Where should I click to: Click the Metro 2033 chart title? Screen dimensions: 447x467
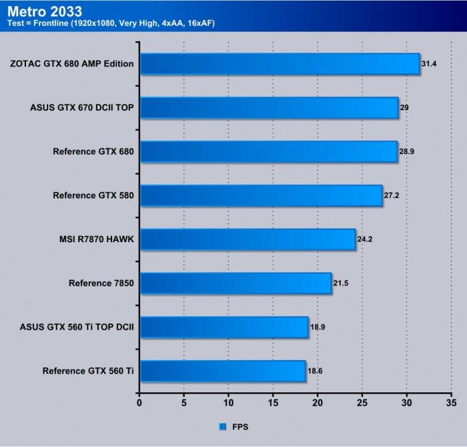(45, 11)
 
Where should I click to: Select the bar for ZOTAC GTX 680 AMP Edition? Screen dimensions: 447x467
(280, 65)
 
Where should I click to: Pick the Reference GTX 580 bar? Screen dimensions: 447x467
(261, 195)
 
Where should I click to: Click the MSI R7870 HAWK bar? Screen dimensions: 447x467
(248, 239)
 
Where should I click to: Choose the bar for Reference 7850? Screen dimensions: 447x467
(236, 283)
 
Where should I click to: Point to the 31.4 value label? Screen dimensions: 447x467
(429, 65)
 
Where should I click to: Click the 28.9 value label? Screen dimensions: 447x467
(407, 152)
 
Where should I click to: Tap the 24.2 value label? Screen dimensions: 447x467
(365, 239)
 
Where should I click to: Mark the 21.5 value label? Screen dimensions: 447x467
(341, 283)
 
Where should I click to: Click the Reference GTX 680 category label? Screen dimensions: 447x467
(93, 151)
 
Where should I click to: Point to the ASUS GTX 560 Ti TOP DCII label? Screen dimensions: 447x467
(77, 327)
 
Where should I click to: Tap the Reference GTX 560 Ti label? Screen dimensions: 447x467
(88, 371)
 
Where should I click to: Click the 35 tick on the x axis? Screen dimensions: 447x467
(451, 403)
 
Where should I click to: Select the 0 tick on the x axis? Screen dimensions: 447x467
(139, 403)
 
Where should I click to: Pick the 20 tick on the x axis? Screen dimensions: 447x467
(318, 403)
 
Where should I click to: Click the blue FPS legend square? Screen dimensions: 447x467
(222, 426)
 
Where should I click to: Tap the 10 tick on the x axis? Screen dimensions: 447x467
(228, 403)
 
